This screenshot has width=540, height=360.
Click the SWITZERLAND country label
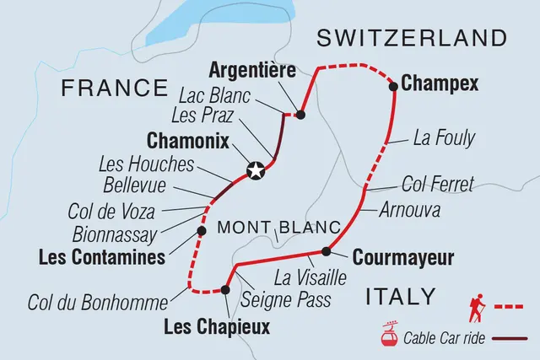[411, 38]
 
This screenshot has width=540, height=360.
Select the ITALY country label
[400, 297]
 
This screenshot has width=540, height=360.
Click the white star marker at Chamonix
[255, 172]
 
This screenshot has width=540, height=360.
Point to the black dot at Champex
[393, 85]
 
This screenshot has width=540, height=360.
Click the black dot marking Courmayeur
[327, 250]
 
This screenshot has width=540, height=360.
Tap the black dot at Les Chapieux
[225, 290]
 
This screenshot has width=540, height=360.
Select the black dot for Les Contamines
[201, 229]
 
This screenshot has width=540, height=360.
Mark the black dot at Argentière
[300, 114]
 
